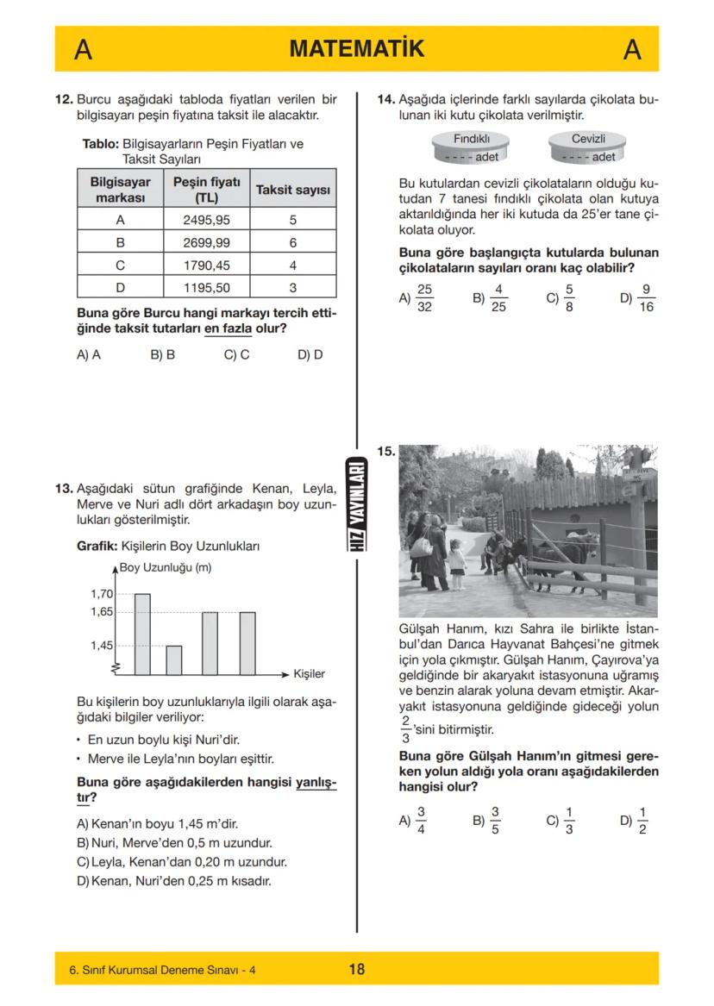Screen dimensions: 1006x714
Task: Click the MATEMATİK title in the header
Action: (356, 49)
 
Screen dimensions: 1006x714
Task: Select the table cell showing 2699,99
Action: (206, 243)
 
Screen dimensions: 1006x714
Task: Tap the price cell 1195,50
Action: (206, 288)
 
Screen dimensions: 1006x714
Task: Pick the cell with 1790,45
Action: (206, 266)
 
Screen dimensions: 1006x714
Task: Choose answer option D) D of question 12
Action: (310, 354)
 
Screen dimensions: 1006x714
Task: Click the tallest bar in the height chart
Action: (142, 634)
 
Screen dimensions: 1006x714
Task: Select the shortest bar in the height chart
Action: (173, 659)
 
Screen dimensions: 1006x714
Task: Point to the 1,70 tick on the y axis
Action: (102, 594)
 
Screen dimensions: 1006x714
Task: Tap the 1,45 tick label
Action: (102, 646)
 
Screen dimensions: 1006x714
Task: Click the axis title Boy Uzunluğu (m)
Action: (166, 567)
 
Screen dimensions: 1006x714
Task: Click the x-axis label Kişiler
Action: (309, 673)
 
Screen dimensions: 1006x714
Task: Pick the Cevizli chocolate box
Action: (588, 147)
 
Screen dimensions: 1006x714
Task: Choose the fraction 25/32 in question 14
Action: (423, 298)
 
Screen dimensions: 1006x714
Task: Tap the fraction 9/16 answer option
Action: (646, 298)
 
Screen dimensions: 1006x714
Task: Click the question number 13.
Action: (64, 489)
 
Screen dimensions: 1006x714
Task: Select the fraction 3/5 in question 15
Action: (495, 821)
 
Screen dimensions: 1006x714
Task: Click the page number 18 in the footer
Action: (356, 969)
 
